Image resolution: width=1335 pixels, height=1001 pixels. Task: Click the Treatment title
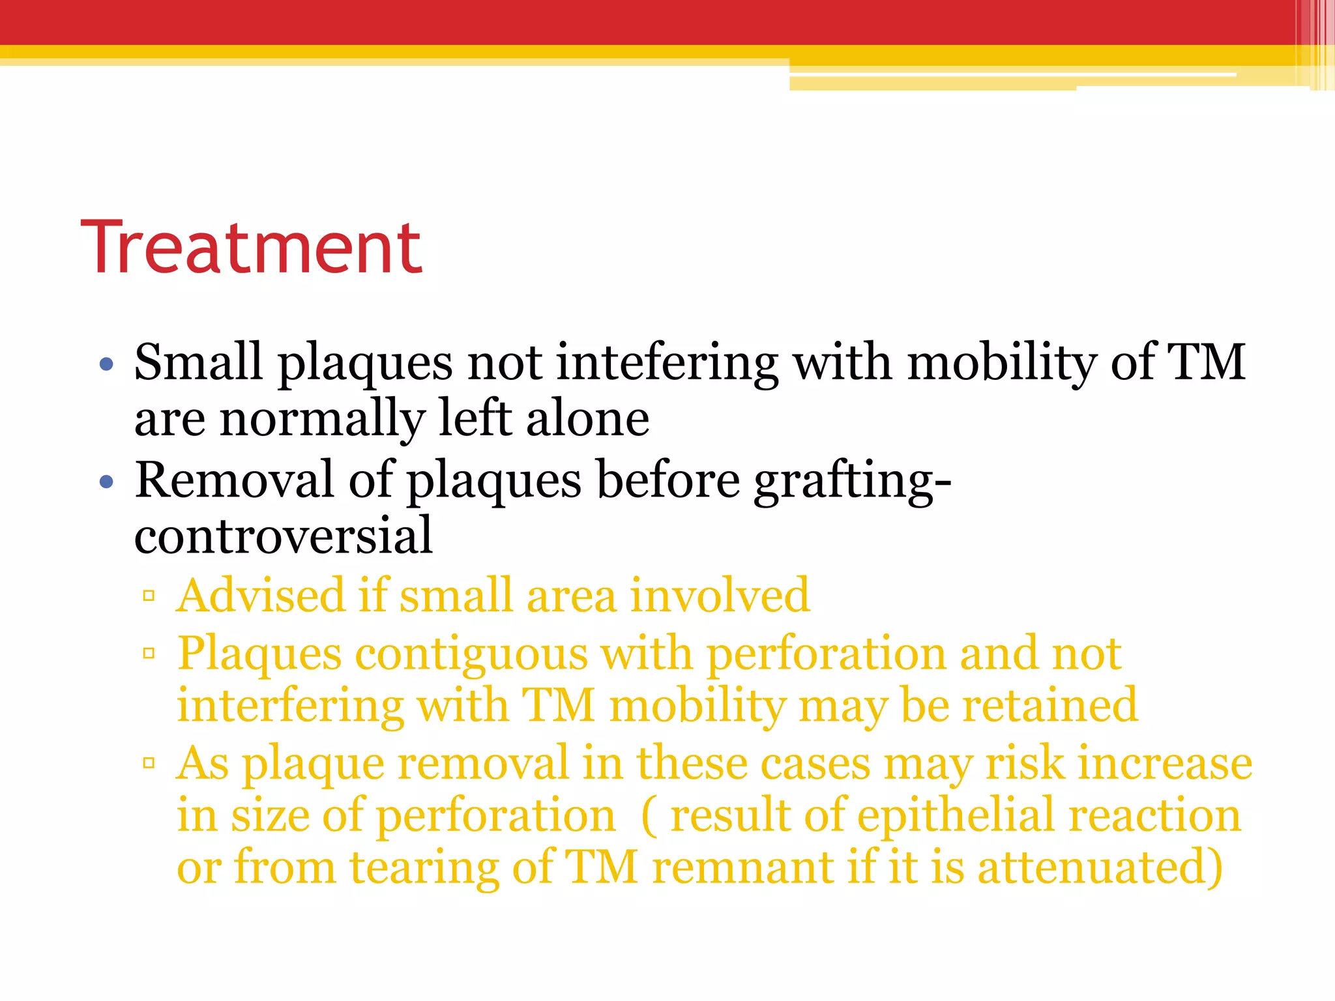click(x=252, y=248)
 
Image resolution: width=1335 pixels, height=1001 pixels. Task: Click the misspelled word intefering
click(x=667, y=362)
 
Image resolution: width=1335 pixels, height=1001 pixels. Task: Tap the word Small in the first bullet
click(x=198, y=362)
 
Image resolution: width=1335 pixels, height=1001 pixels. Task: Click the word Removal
click(x=234, y=480)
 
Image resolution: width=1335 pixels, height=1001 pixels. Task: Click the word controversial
click(x=284, y=536)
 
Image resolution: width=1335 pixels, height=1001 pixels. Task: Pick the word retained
click(x=1050, y=706)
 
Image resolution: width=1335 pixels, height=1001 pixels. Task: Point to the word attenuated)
click(x=1100, y=868)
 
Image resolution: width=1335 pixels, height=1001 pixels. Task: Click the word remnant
click(x=742, y=868)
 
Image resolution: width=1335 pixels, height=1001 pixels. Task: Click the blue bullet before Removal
click(x=107, y=483)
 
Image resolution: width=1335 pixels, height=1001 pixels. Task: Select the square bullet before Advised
click(x=149, y=596)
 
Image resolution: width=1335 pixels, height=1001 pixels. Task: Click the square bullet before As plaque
click(x=149, y=762)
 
